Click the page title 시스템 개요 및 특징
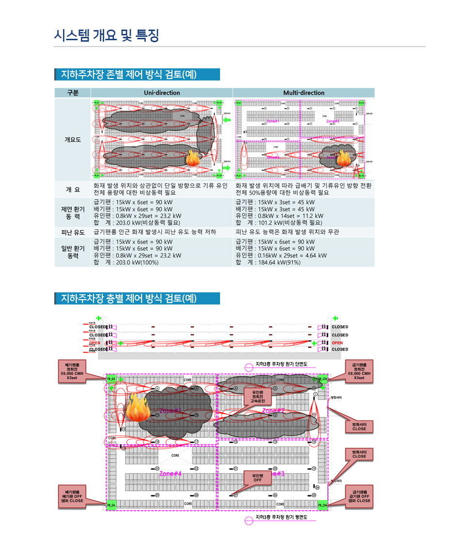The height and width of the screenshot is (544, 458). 107,35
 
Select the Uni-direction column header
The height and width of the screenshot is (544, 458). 161,93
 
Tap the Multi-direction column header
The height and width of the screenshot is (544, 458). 304,93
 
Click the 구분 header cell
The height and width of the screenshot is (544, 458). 72,93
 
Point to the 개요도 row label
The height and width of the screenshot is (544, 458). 73,140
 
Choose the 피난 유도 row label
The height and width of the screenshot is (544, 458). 73,232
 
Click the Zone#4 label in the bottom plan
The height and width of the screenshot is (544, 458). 170,473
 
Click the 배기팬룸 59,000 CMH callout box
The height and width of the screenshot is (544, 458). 72,371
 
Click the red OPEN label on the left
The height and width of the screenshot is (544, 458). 95,343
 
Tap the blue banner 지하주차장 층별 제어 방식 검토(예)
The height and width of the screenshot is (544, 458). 137,298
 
